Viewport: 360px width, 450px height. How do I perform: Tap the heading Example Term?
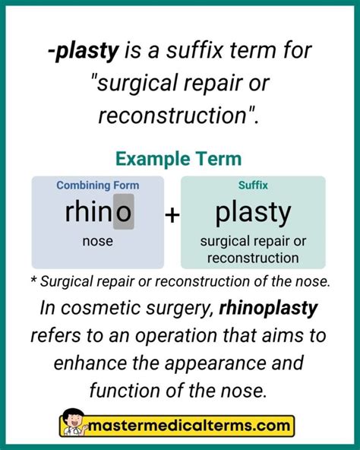[179, 158]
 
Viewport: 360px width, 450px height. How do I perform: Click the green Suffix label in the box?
[253, 185]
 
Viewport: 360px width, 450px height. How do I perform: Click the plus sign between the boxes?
[172, 215]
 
